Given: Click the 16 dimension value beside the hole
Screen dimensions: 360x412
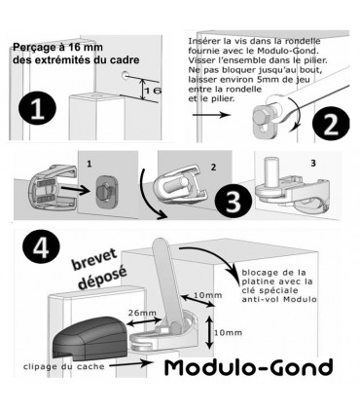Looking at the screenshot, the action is [x=151, y=92].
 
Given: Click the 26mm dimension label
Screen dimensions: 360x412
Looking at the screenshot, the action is [x=141, y=314].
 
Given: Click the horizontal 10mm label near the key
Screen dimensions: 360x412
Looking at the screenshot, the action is [x=205, y=294].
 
